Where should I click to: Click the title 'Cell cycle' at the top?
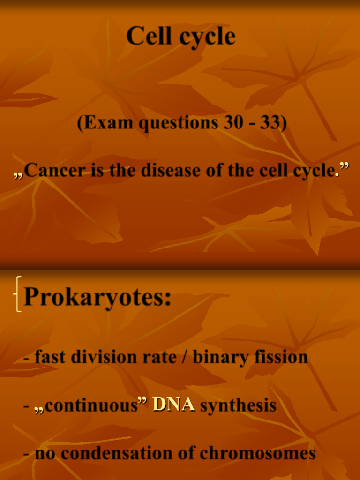click(x=180, y=36)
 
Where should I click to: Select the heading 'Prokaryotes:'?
click(x=97, y=297)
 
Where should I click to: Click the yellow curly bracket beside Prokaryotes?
click(x=18, y=294)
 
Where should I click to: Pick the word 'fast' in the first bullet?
click(x=50, y=357)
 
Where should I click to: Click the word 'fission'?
click(x=281, y=357)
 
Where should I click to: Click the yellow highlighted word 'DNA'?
click(x=173, y=405)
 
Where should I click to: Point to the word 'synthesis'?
click(x=238, y=405)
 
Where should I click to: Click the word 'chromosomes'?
click(x=257, y=453)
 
